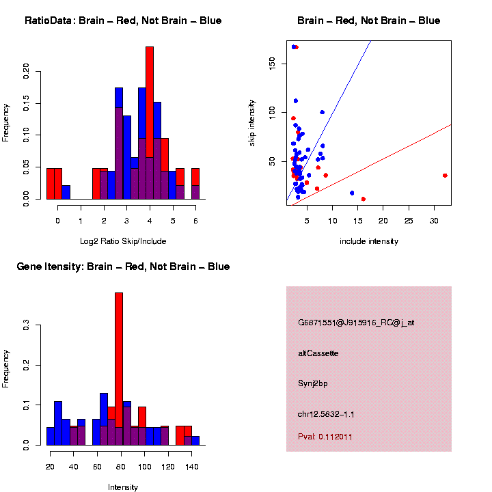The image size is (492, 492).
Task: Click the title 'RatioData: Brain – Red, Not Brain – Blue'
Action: [123, 21]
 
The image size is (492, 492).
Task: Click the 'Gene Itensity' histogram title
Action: [123, 266]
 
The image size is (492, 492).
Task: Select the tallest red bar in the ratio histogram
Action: [150, 123]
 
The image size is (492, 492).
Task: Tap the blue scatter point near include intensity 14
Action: [352, 193]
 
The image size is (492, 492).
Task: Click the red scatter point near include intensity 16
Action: [363, 199]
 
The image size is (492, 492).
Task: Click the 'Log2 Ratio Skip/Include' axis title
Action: [123, 241]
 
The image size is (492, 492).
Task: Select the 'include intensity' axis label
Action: [368, 241]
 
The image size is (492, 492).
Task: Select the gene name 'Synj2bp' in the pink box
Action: [313, 383]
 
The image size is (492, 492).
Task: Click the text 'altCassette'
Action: [318, 353]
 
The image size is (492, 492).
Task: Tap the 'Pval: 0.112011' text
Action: [325, 437]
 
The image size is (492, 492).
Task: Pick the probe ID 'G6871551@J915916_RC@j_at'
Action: [355, 323]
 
